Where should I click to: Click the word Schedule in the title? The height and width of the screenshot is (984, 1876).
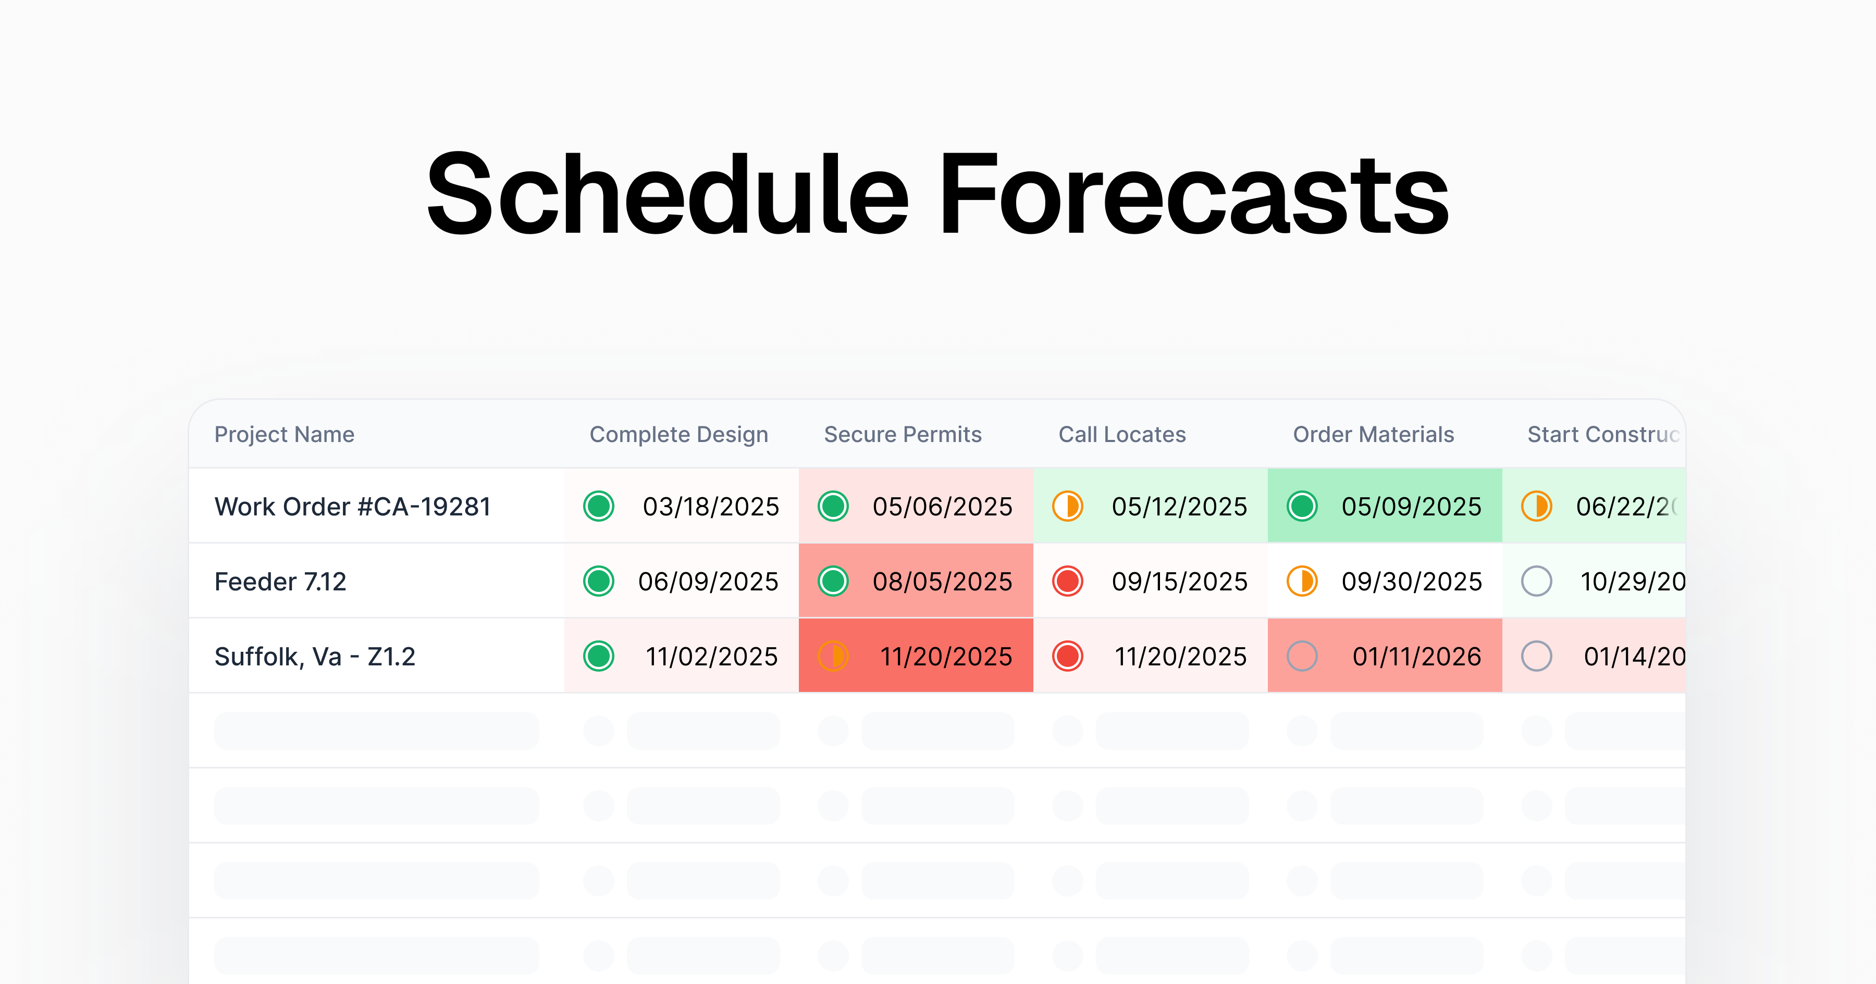(x=667, y=195)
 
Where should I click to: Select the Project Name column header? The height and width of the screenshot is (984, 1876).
(x=284, y=435)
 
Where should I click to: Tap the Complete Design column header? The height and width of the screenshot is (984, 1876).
(x=678, y=435)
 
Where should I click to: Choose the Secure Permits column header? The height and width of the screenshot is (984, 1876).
(x=903, y=435)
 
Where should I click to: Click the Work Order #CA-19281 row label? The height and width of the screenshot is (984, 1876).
(x=352, y=507)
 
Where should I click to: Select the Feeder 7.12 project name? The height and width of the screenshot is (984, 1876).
(x=280, y=582)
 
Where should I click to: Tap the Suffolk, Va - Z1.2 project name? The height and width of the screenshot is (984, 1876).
(x=315, y=657)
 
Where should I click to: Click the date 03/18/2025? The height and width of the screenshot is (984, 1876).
(x=711, y=507)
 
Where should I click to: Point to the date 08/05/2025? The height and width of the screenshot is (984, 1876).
(x=942, y=582)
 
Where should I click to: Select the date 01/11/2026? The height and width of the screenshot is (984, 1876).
(x=1416, y=657)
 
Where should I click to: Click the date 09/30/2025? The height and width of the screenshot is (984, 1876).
(x=1411, y=582)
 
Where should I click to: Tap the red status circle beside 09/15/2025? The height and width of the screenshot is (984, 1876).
(x=1068, y=582)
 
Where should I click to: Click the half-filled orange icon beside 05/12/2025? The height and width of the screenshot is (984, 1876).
(x=1068, y=507)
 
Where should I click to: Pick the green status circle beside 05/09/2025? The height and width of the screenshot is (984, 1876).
(x=1302, y=507)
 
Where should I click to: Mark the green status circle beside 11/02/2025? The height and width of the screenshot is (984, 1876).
(x=599, y=657)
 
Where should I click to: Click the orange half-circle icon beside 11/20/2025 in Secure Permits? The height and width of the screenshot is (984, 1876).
(x=833, y=657)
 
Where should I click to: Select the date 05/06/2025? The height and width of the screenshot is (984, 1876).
(x=942, y=507)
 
